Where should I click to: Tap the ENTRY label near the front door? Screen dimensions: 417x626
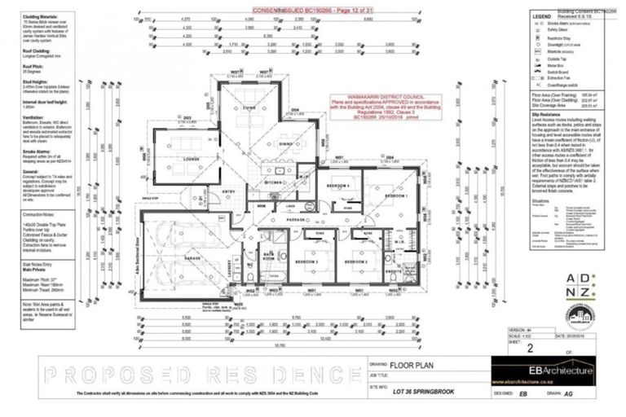(217, 192)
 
